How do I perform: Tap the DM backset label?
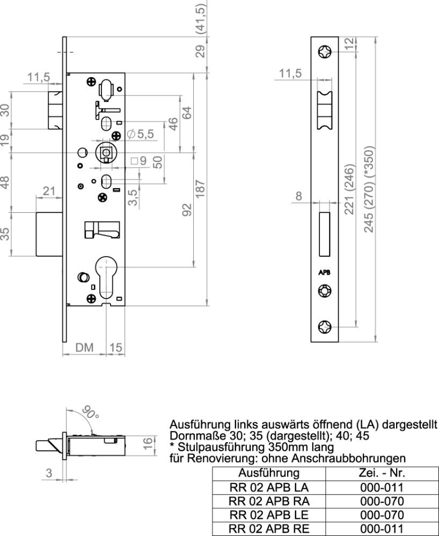coord(84,348)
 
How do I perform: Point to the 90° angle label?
coord(90,413)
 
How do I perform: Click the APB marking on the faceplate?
coord(325,273)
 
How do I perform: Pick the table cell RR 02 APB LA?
coord(269,487)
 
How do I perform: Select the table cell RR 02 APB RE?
coord(269,528)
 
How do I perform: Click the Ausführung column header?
coord(269,473)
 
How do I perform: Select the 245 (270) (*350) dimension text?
coord(369,189)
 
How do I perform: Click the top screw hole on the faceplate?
coord(325,52)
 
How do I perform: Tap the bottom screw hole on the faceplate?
coord(325,326)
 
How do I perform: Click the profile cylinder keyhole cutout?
coord(107,276)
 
